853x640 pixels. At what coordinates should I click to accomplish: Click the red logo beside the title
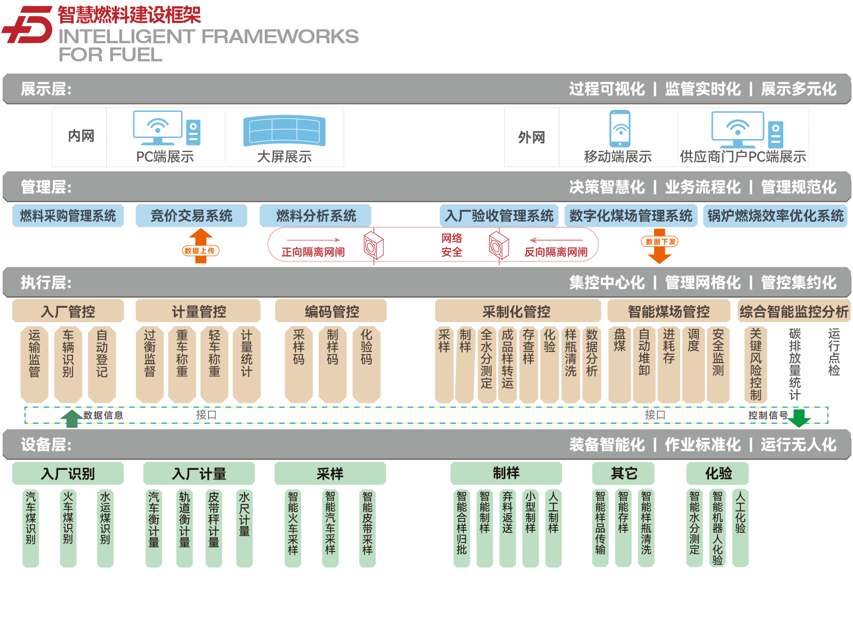pyautogui.click(x=27, y=24)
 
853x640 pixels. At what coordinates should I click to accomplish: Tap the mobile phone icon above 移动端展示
pyautogui.click(x=620, y=129)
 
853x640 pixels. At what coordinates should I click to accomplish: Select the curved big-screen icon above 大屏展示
pyautogui.click(x=284, y=131)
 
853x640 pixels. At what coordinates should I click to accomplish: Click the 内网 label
pyautogui.click(x=81, y=136)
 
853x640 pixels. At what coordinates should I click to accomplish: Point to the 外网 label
pyautogui.click(x=531, y=137)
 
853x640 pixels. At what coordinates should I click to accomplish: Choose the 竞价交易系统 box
pyautogui.click(x=191, y=215)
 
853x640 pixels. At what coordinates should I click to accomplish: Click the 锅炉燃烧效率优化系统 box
pyautogui.click(x=775, y=215)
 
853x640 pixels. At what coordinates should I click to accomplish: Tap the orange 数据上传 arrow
pyautogui.click(x=200, y=245)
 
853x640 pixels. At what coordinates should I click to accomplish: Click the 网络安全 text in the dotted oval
pyautogui.click(x=452, y=245)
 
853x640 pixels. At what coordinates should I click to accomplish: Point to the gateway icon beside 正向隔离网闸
pyautogui.click(x=374, y=245)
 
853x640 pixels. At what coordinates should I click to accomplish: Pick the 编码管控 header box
pyautogui.click(x=331, y=311)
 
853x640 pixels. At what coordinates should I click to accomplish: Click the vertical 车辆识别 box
pyautogui.click(x=68, y=364)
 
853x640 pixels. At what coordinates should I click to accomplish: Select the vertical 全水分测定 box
pyautogui.click(x=486, y=364)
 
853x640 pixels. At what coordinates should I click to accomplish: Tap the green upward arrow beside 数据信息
pyautogui.click(x=71, y=419)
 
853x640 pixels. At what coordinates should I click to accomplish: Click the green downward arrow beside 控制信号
pyautogui.click(x=799, y=418)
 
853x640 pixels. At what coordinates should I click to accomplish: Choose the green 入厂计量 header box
pyautogui.click(x=199, y=474)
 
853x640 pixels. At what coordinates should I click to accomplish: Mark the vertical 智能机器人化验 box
pyautogui.click(x=718, y=528)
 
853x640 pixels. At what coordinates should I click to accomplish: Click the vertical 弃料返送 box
pyautogui.click(x=507, y=528)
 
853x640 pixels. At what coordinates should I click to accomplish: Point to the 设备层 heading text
pyautogui.click(x=46, y=445)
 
